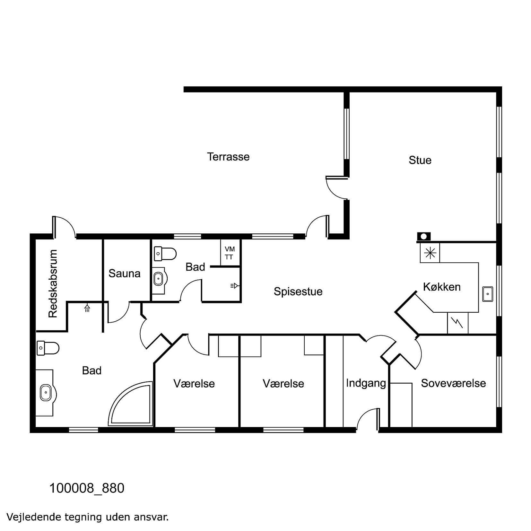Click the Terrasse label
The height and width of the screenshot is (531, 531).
click(x=228, y=157)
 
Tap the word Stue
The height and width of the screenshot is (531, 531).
click(x=420, y=160)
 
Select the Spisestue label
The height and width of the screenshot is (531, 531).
click(x=298, y=292)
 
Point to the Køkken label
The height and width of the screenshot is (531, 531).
click(x=442, y=287)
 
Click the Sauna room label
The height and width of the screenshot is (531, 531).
click(x=124, y=274)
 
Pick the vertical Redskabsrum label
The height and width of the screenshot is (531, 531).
click(x=53, y=284)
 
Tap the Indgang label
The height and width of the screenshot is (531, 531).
click(x=366, y=383)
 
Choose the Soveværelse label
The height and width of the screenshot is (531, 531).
click(x=453, y=383)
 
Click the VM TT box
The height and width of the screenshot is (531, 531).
click(x=230, y=253)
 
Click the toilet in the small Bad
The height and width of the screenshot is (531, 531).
click(x=165, y=254)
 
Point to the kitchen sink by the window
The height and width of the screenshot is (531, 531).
click(x=488, y=294)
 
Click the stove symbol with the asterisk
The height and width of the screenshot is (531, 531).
click(x=430, y=253)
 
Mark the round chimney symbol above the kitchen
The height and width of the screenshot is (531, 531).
click(x=424, y=237)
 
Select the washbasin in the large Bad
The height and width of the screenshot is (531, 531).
click(x=46, y=393)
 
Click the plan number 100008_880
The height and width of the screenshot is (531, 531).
click(x=87, y=488)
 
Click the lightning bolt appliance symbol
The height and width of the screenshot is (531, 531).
click(x=458, y=323)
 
